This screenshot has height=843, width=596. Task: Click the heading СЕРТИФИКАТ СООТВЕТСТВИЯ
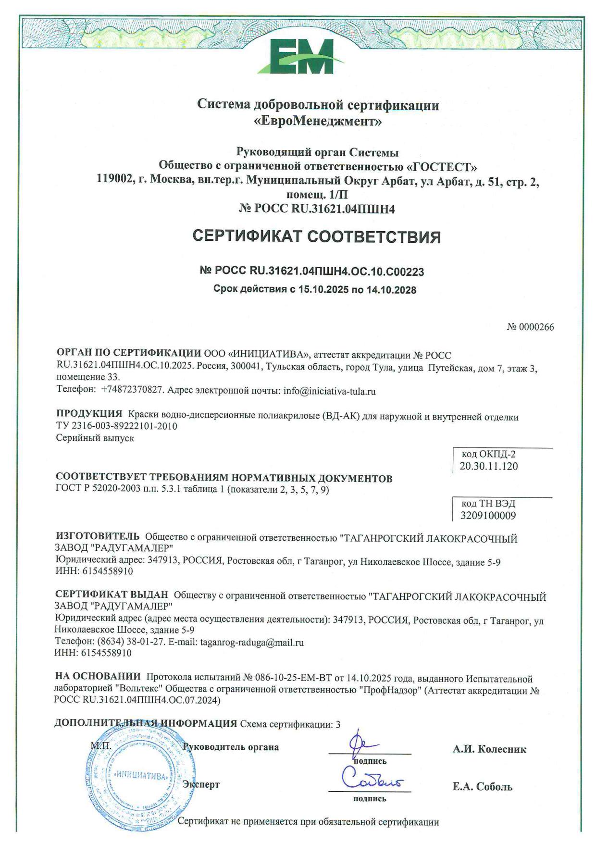[316, 236]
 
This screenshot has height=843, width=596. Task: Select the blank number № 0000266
[530, 327]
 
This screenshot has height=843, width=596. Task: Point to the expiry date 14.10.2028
[391, 290]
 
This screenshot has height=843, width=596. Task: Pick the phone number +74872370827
[133, 391]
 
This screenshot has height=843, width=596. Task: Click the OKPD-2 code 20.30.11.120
[488, 466]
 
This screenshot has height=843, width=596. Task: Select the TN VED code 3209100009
[488, 516]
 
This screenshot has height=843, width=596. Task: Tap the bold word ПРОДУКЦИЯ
[89, 414]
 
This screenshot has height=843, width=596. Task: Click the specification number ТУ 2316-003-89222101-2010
[116, 426]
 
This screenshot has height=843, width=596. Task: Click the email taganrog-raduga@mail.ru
[252, 643]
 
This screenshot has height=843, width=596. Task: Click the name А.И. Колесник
[489, 749]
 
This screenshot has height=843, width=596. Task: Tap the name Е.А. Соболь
[482, 787]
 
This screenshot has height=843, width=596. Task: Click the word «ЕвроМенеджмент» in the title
[318, 121]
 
